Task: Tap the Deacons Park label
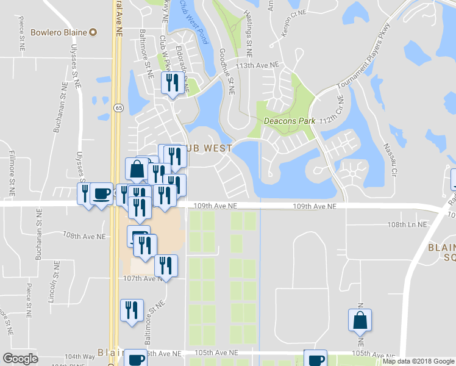point(290,121)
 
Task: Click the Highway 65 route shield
point(118,108)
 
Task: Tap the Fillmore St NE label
point(12,174)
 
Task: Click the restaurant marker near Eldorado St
point(171,83)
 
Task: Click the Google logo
point(21,359)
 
